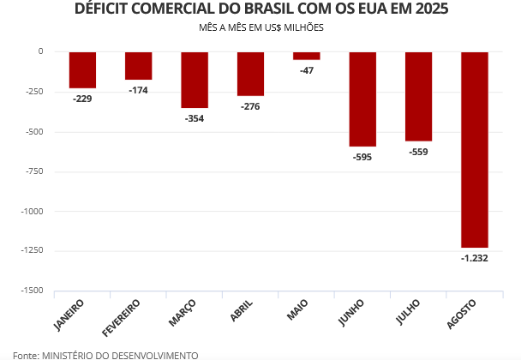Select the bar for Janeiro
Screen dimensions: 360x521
point(82,69)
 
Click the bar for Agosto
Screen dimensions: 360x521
point(474,149)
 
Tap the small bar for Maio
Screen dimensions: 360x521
point(306,56)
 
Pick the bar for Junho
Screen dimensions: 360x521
point(362,99)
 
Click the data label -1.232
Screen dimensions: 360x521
point(474,258)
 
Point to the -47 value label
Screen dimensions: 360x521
point(307,70)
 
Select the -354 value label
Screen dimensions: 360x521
point(195,118)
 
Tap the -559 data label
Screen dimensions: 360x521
point(418,152)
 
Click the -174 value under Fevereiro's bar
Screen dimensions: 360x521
point(138,90)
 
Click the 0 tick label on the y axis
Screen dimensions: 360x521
point(39,51)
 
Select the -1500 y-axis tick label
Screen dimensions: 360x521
point(30,291)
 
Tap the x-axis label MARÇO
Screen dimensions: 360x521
point(183,312)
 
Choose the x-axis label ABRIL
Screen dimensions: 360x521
point(241,310)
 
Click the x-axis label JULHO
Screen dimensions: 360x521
point(408,311)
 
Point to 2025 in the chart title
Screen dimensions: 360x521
point(429,9)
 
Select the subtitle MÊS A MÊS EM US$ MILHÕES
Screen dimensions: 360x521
point(260,27)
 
